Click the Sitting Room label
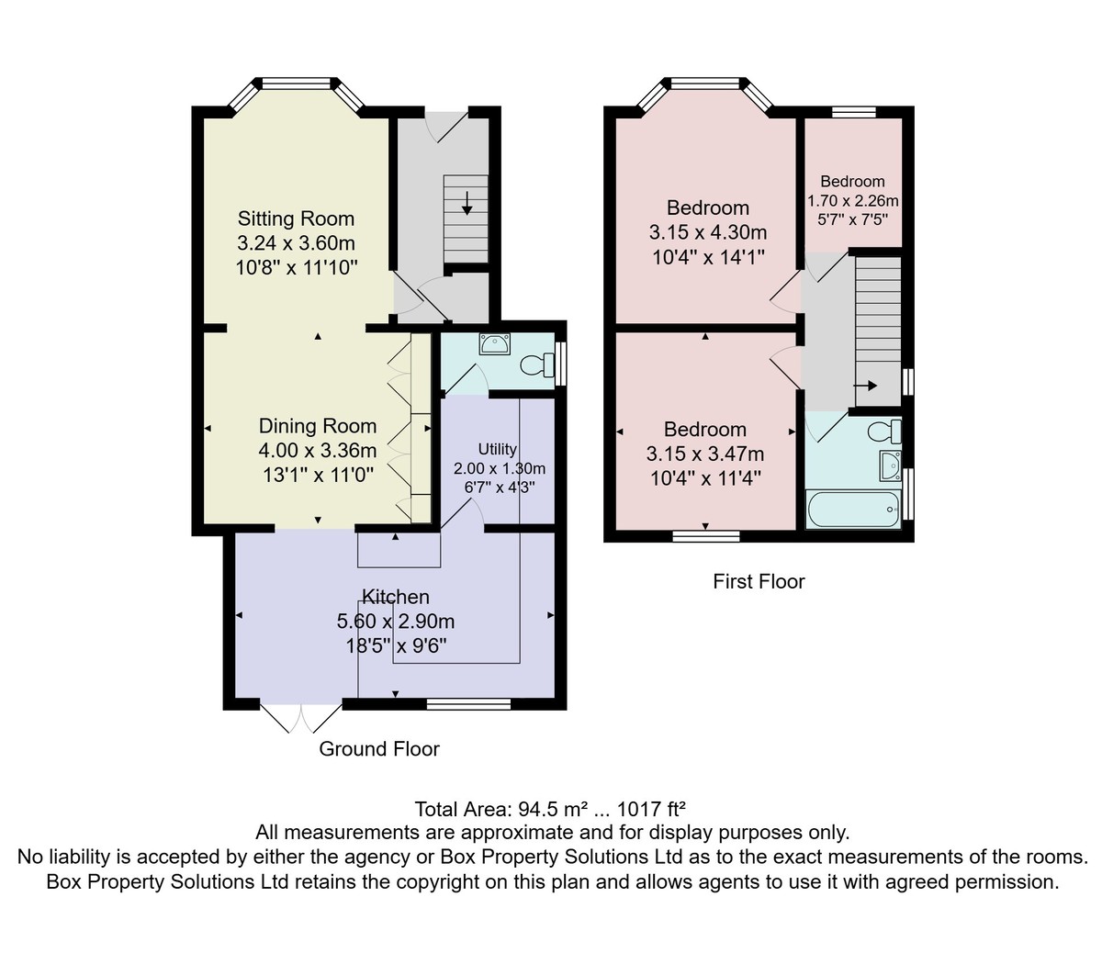click(296, 219)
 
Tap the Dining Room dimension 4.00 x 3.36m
click(318, 451)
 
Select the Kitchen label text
click(396, 597)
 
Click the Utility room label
click(498, 449)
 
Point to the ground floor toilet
click(537, 365)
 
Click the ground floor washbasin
click(495, 344)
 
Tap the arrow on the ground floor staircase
click(467, 203)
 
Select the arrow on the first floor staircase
click(865, 386)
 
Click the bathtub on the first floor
click(852, 510)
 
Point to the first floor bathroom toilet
click(884, 432)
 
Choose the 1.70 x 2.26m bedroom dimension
click(852, 201)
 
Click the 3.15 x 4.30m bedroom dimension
click(708, 232)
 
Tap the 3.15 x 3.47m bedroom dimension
click(705, 454)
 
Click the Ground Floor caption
click(379, 749)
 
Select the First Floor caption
click(759, 581)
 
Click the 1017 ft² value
click(651, 810)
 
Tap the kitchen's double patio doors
click(301, 717)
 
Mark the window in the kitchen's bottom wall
click(468, 704)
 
